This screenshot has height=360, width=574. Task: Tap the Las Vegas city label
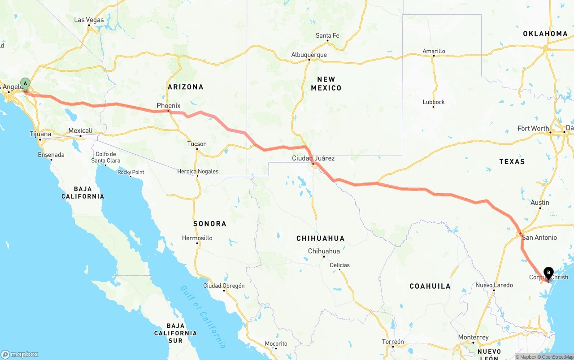pyautogui.click(x=89, y=20)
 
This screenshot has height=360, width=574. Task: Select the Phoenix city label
pyautogui.click(x=168, y=106)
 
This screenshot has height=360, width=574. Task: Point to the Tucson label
pyautogui.click(x=197, y=144)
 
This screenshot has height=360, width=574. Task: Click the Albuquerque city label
pyautogui.click(x=309, y=55)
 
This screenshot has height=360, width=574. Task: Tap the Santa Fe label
pyautogui.click(x=327, y=35)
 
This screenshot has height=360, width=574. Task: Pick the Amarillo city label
pyautogui.click(x=434, y=51)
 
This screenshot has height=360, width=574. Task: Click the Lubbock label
pyautogui.click(x=434, y=102)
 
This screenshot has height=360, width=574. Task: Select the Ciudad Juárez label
pyautogui.click(x=313, y=158)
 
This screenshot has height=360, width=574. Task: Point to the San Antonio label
pyautogui.click(x=539, y=237)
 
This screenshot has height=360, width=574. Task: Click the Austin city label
pyautogui.click(x=539, y=203)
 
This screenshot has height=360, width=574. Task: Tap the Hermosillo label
pyautogui.click(x=197, y=238)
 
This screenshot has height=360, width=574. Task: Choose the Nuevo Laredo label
pyautogui.click(x=494, y=285)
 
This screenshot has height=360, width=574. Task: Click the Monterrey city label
pyautogui.click(x=473, y=337)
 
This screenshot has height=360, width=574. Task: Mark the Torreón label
pyautogui.click(x=393, y=342)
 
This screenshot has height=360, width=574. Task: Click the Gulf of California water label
pyautogui.click(x=203, y=317)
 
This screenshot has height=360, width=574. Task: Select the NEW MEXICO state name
pyautogui.click(x=326, y=83)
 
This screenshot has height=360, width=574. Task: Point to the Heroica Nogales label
pyautogui.click(x=198, y=171)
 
